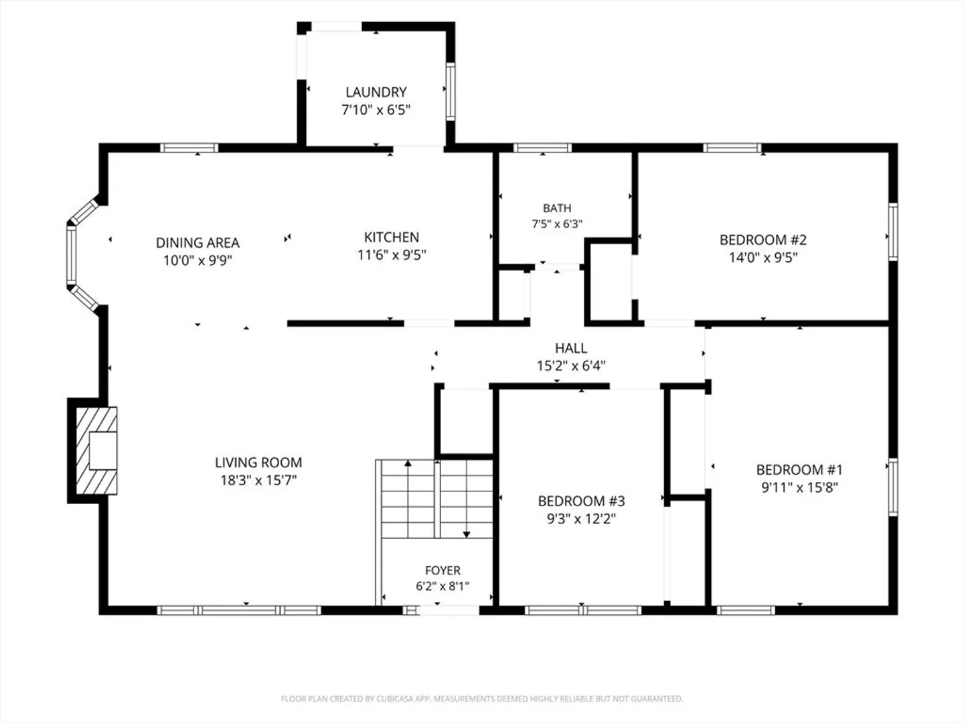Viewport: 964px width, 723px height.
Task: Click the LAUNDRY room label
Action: click(x=376, y=92)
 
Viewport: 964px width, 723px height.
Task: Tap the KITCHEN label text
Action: click(x=392, y=238)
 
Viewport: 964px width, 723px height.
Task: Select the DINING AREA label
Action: click(x=197, y=243)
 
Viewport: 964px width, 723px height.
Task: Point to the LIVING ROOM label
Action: click(x=258, y=463)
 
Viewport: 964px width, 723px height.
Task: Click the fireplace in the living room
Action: click(x=96, y=451)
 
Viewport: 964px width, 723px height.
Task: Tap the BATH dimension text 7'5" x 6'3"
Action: click(x=557, y=224)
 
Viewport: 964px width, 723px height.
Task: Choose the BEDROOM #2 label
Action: click(x=763, y=240)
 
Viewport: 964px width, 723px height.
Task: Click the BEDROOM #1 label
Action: click(x=799, y=470)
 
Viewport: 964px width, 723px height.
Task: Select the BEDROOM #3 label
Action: click(x=581, y=501)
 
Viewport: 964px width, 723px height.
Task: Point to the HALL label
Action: click(x=571, y=349)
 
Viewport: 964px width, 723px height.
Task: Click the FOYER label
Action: click(x=443, y=570)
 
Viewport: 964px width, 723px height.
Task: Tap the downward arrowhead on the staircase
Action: click(x=467, y=535)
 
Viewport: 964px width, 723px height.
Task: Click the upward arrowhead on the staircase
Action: click(x=408, y=463)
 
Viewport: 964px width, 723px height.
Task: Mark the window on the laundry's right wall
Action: click(x=451, y=91)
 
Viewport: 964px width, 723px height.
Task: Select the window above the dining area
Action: click(x=189, y=148)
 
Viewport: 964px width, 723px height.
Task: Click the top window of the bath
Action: click(x=543, y=148)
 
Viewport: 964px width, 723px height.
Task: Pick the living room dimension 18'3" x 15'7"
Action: click(x=258, y=481)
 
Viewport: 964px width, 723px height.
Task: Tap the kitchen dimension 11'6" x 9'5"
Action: click(x=392, y=255)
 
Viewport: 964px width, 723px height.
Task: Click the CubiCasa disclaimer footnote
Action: click(x=482, y=699)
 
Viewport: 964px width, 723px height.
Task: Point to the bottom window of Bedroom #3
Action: click(x=583, y=610)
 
